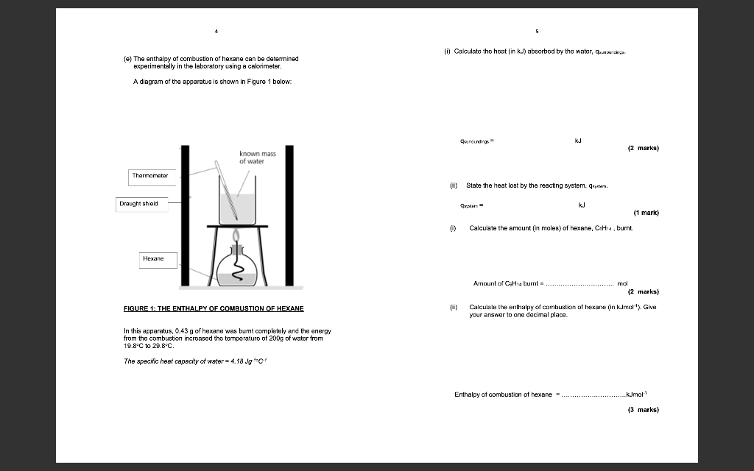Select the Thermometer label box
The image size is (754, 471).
coord(150,176)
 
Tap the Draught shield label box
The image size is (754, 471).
coord(138,204)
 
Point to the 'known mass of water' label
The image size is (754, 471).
coord(257,157)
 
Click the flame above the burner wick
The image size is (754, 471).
coord(236,236)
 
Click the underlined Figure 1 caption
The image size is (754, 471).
coord(214,308)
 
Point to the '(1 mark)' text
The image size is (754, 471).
coord(646,213)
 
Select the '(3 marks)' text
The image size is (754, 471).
coord(643,409)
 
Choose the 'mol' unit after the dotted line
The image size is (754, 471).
coord(621,283)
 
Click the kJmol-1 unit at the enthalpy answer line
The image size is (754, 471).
coord(638,394)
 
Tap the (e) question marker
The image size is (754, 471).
coord(127,58)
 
